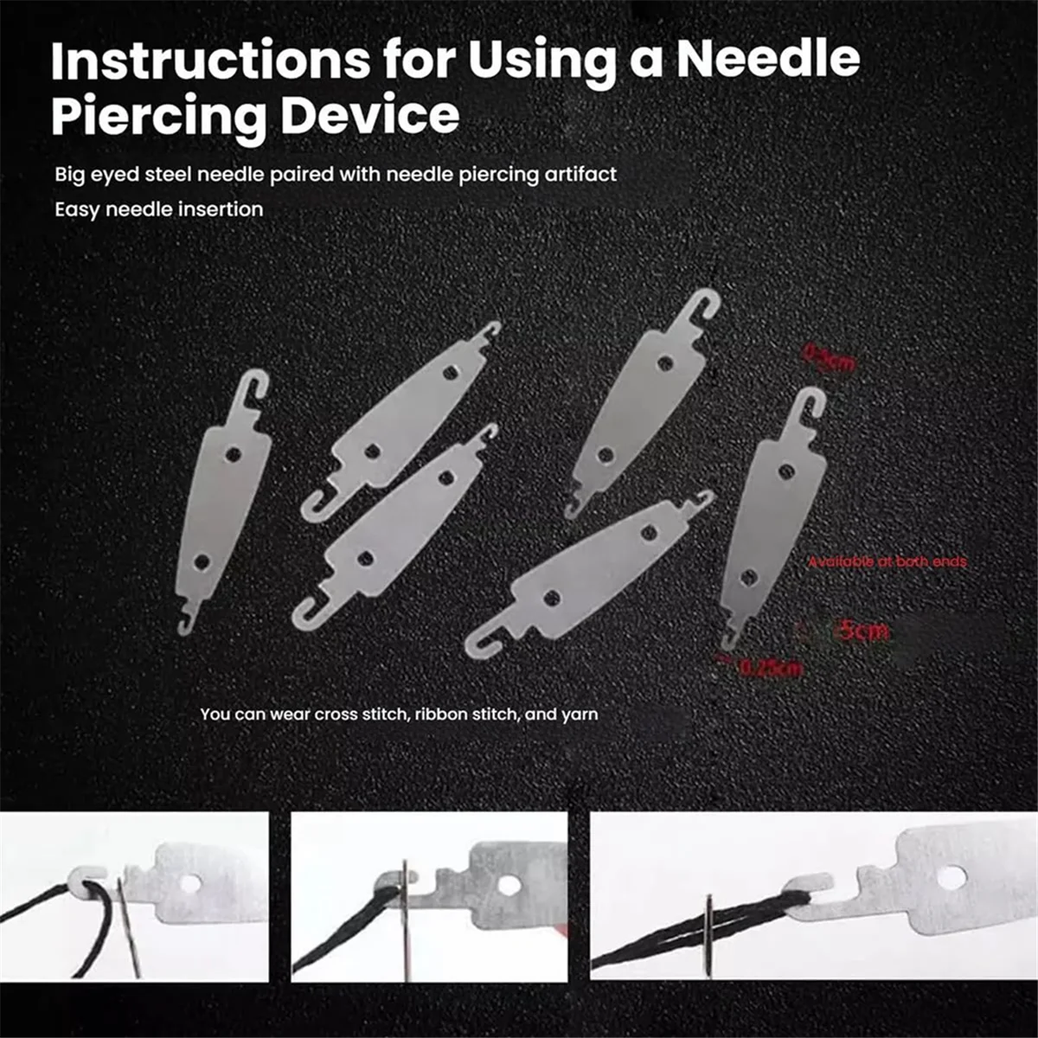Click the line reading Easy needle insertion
tap(159, 209)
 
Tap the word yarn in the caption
tap(580, 714)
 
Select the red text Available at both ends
tap(887, 562)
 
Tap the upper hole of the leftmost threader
tap(232, 453)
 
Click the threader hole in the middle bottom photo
tap(511, 884)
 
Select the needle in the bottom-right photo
tap(708, 935)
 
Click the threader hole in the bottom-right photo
tap(951, 878)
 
